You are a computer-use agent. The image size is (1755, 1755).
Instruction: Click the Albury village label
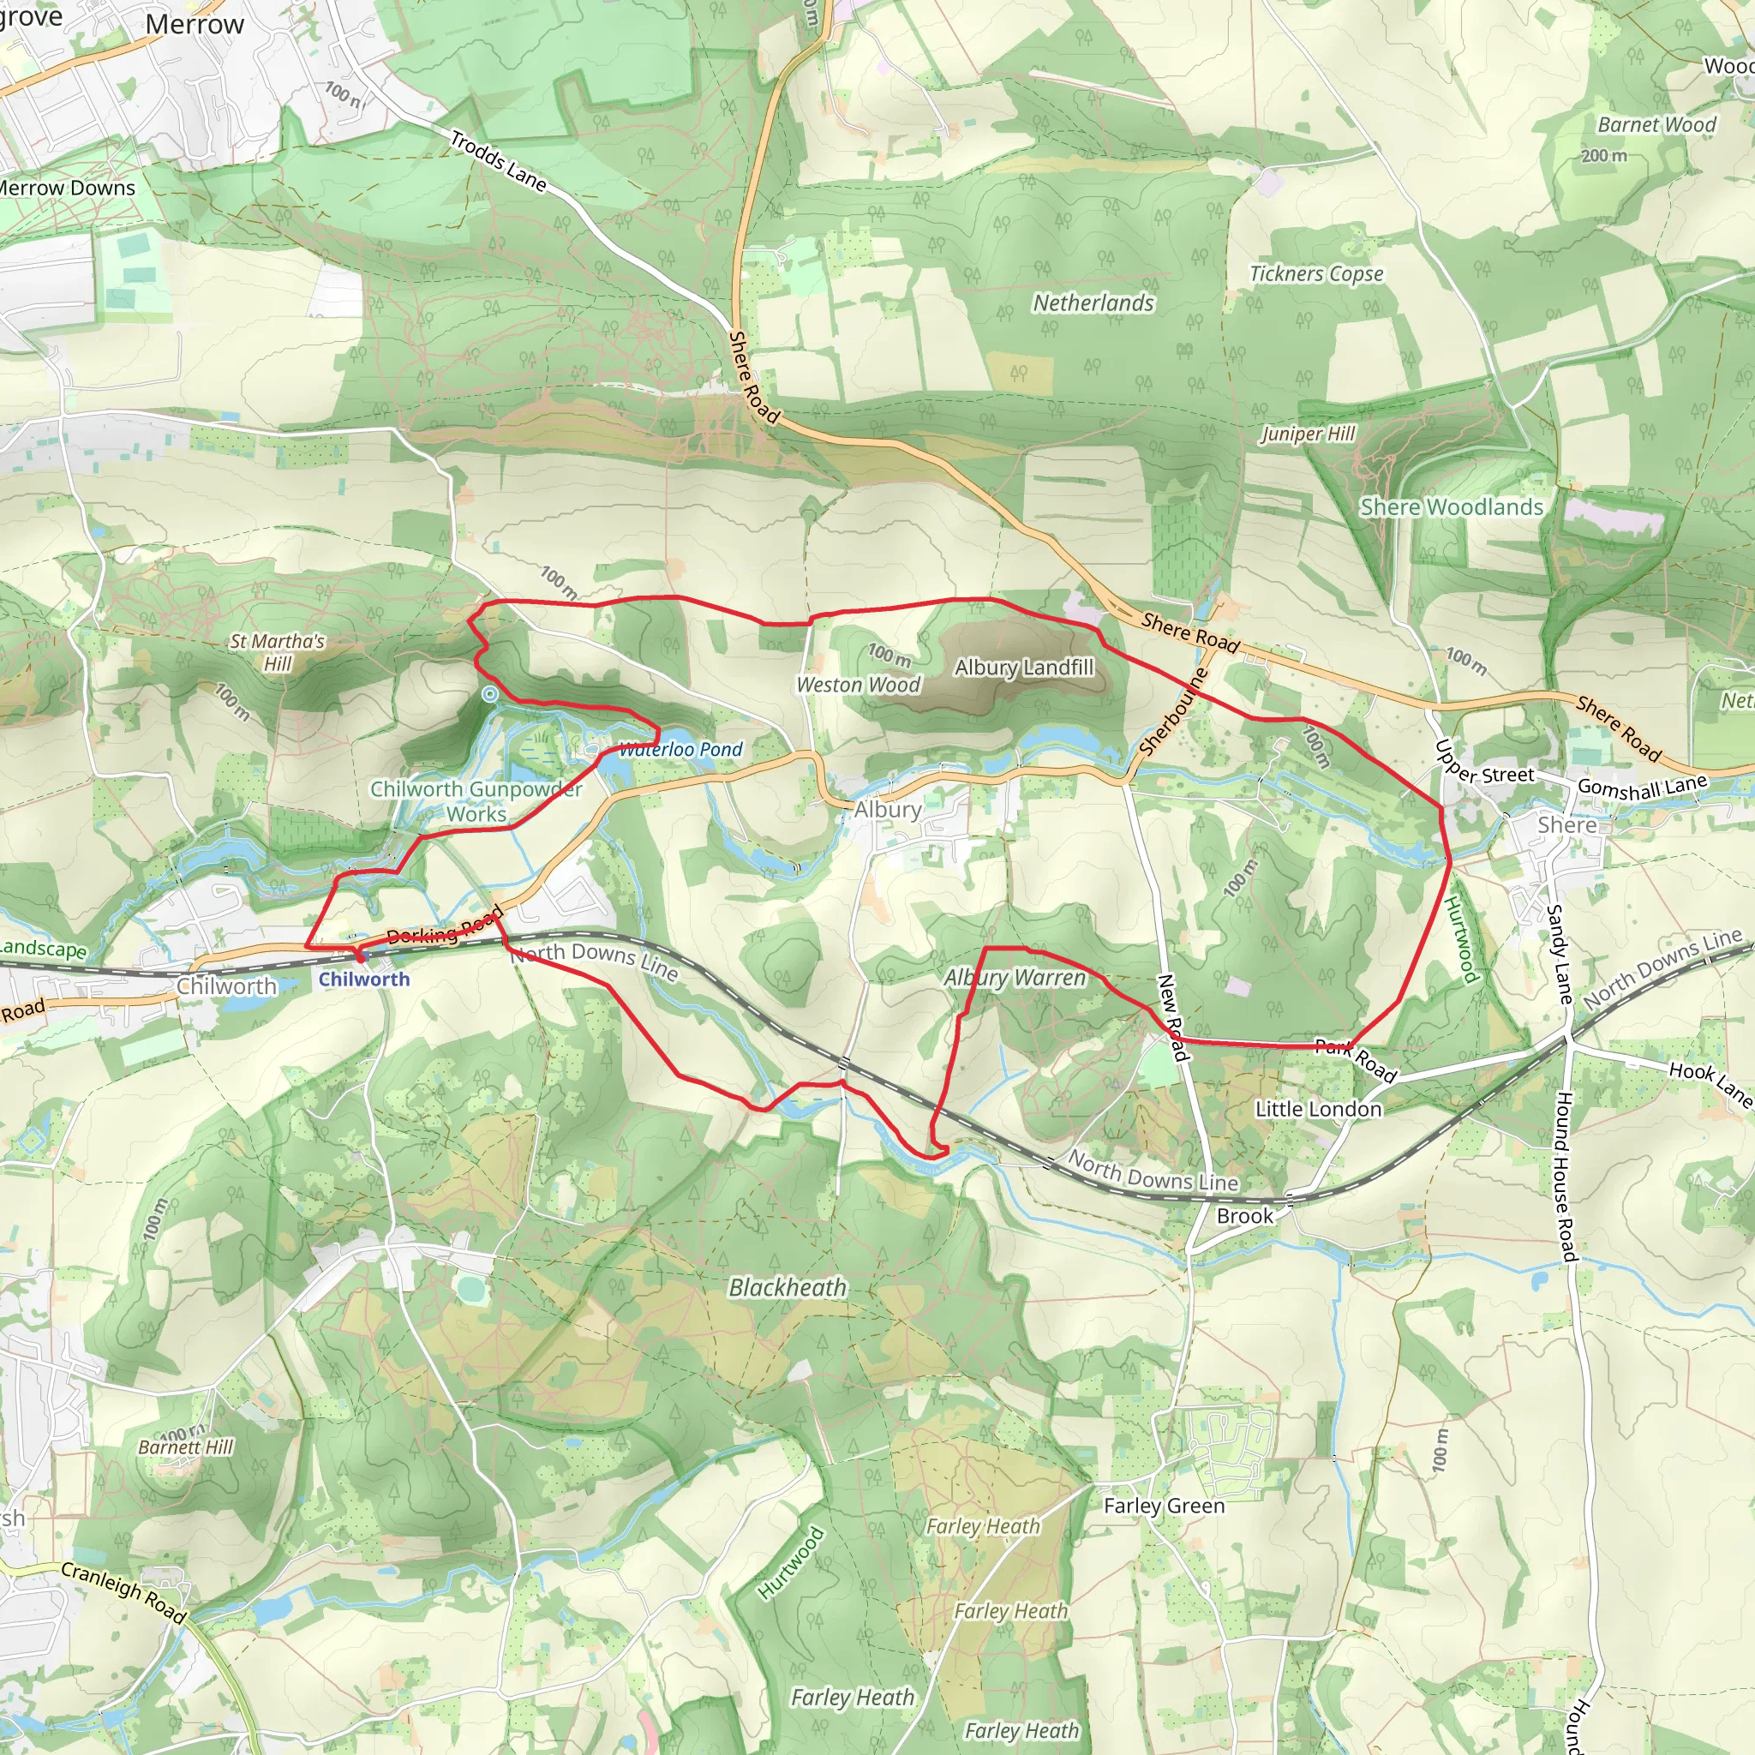click(888, 808)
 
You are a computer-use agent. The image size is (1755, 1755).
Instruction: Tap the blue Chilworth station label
click(363, 979)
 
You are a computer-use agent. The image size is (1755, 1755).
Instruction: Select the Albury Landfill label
click(1024, 668)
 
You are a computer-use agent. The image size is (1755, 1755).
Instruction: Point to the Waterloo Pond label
click(680, 750)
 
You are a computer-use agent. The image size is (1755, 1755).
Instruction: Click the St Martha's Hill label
click(277, 651)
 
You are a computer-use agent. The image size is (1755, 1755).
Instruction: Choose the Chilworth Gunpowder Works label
click(476, 801)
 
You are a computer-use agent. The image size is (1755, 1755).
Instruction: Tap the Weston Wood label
click(859, 685)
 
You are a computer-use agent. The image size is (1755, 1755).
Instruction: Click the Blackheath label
click(788, 1287)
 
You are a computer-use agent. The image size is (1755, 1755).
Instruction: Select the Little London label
click(1318, 1109)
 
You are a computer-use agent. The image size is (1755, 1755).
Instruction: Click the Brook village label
click(1244, 1216)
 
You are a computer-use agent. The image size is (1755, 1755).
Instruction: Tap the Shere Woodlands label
click(1451, 507)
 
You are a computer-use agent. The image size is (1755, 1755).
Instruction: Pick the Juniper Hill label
click(1308, 434)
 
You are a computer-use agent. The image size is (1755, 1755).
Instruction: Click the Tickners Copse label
click(1316, 273)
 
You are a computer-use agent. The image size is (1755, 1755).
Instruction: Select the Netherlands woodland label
click(1093, 302)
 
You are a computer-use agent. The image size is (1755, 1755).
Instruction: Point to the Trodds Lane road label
click(499, 162)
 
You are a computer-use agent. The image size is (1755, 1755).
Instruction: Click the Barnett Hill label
click(186, 1447)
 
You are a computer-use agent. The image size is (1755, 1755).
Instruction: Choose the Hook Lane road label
click(1710, 1084)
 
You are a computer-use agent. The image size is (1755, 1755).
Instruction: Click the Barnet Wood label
click(1657, 124)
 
